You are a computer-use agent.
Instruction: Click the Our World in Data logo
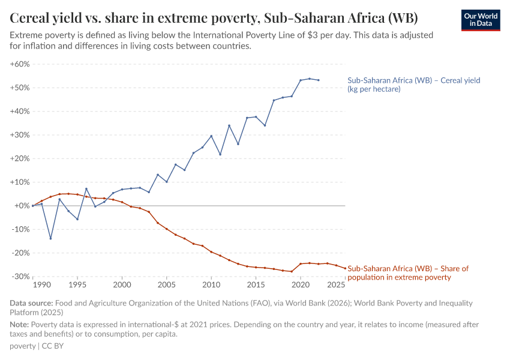(481, 19)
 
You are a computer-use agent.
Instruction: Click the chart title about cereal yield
(214, 17)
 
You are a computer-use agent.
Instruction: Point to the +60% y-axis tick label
(20, 64)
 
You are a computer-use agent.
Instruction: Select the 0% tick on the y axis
(23, 206)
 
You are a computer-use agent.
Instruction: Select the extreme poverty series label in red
(408, 273)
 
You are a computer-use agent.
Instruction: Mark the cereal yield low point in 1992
(50, 238)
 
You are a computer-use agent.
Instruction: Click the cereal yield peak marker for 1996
(86, 188)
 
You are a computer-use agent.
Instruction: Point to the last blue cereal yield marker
(319, 80)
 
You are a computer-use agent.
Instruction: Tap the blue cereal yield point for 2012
(229, 125)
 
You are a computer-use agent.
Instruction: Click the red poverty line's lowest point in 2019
(292, 271)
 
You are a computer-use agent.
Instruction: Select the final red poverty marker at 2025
(345, 268)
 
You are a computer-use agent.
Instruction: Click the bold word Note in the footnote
(20, 325)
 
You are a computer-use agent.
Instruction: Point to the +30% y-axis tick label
(20, 135)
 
